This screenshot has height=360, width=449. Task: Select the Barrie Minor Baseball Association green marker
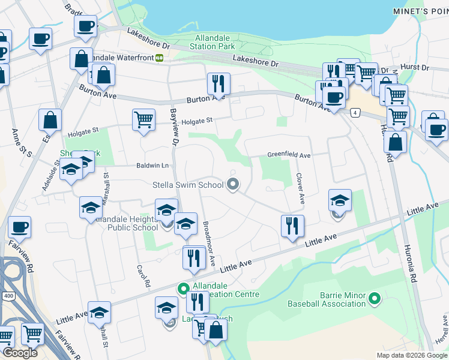(375, 298)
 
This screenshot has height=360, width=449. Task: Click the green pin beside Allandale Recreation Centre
(183, 289)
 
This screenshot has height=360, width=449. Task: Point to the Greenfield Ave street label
(289, 155)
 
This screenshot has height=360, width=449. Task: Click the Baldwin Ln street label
(153, 166)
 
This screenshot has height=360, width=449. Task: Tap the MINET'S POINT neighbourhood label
(420, 11)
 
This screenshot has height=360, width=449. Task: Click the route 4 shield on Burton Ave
(356, 113)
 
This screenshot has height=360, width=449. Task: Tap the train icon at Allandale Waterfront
(159, 58)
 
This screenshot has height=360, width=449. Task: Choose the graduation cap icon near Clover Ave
(340, 200)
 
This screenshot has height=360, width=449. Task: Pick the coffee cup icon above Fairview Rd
(20, 227)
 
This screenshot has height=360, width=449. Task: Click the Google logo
(20, 352)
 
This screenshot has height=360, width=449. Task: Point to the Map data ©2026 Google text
(411, 355)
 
